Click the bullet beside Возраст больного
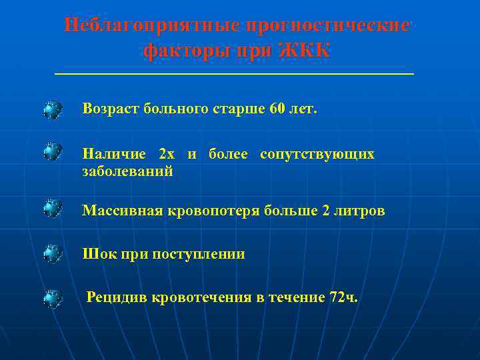pos(53,109)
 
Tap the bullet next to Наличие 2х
pos(53,153)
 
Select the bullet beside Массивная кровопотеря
pos(53,210)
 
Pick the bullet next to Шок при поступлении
pos(53,254)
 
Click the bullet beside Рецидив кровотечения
pos(53,298)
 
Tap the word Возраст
pos(111,108)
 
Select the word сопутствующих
pos(317,154)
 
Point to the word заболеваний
pos(127,171)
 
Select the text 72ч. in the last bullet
pos(343,297)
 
